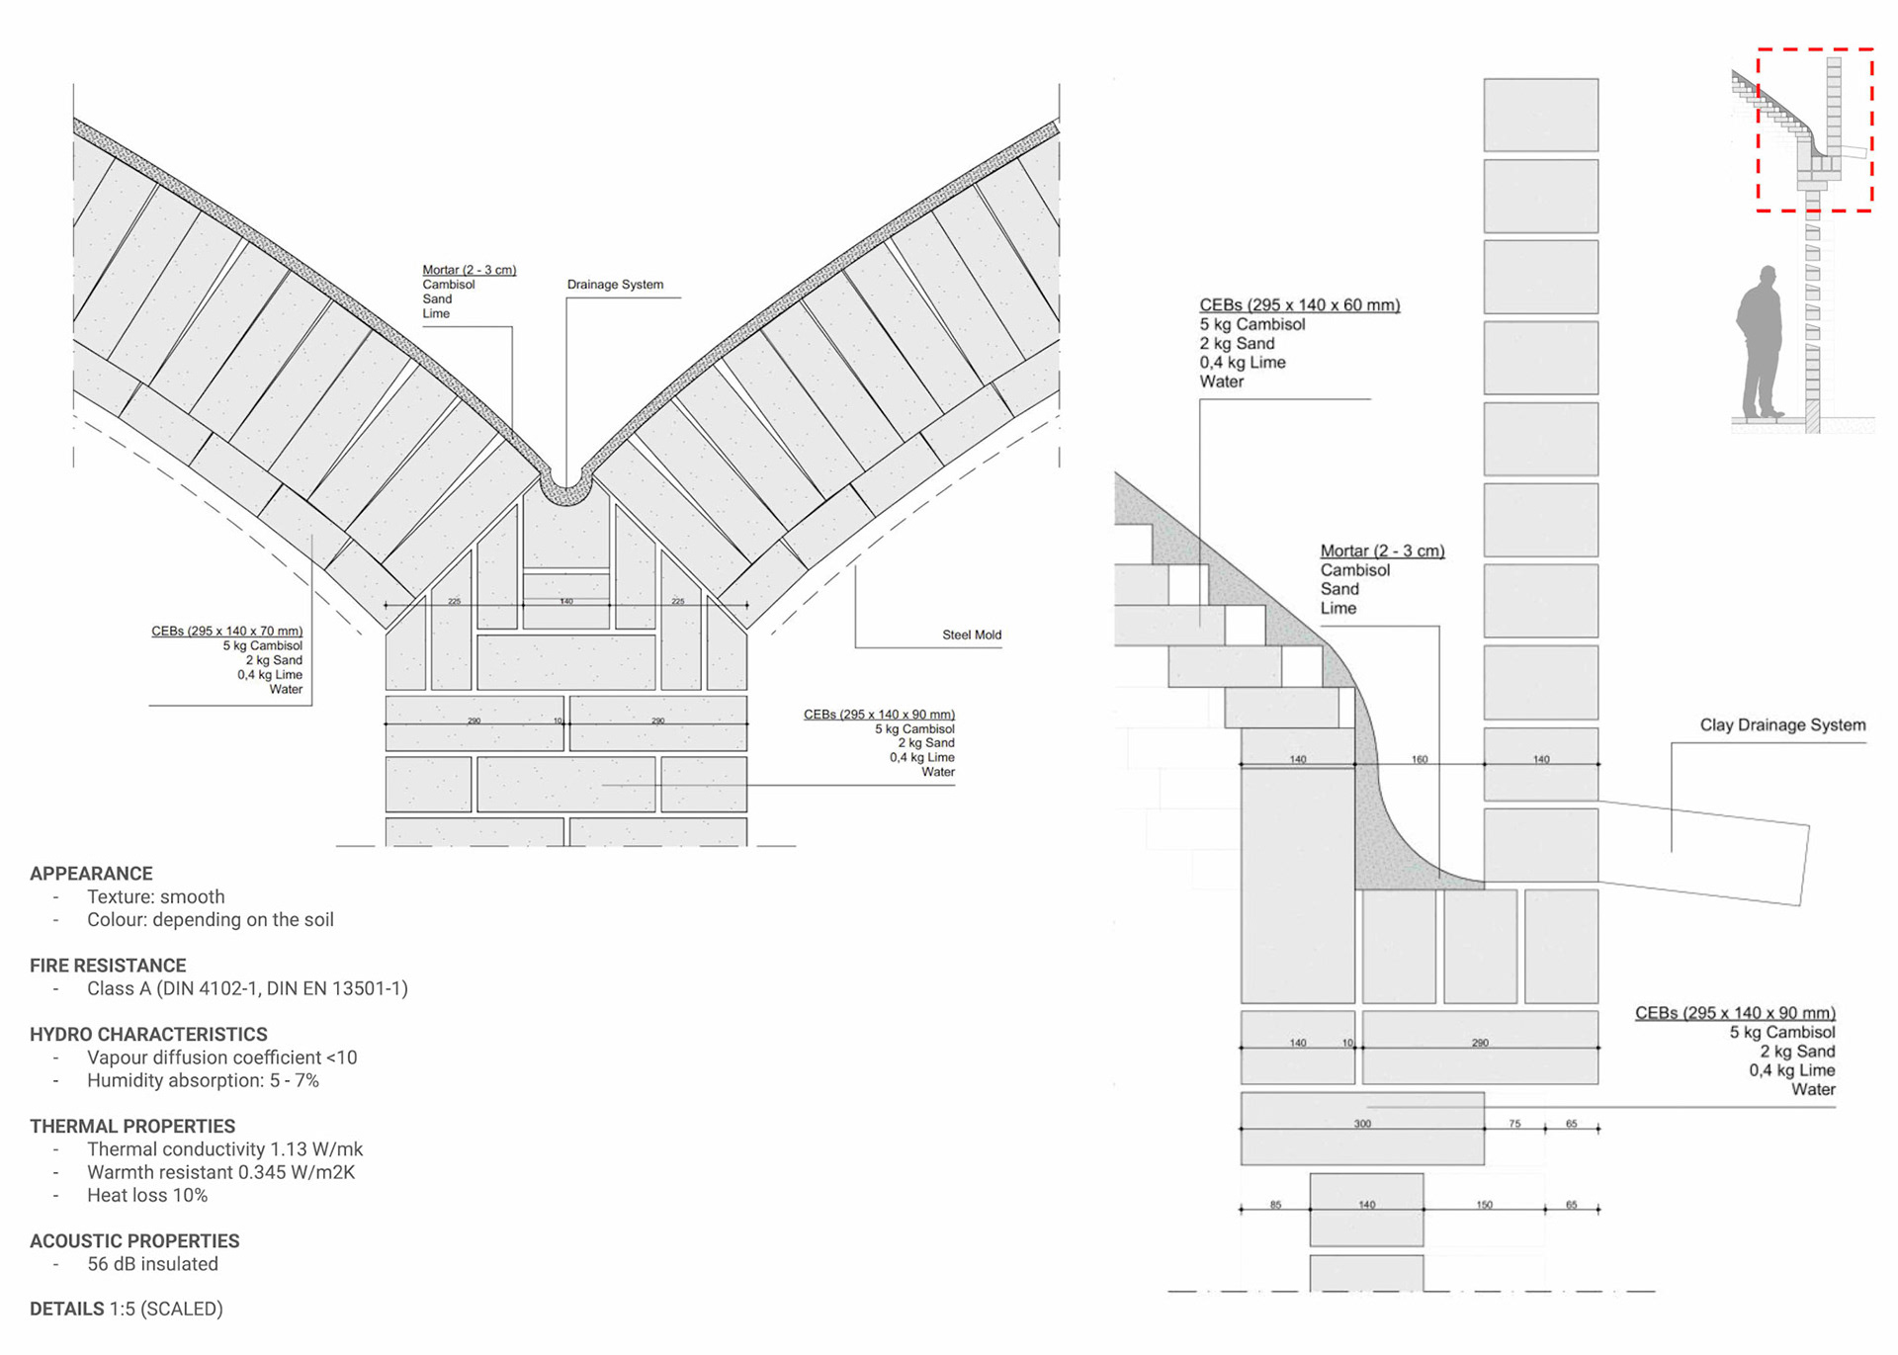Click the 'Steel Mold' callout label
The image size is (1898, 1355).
click(x=971, y=635)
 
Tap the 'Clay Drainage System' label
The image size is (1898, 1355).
click(x=1782, y=724)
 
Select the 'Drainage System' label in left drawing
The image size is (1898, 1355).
click(x=615, y=285)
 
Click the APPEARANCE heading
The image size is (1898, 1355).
click(x=91, y=874)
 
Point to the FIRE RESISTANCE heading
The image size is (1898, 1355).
click(x=108, y=966)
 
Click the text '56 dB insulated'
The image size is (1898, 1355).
click(x=152, y=1264)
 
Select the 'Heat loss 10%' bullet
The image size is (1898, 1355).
click(x=147, y=1195)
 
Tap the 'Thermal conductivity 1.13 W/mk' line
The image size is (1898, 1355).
click(x=224, y=1149)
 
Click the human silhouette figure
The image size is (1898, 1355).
click(x=1760, y=341)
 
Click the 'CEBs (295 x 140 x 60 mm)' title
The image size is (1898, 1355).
click(x=1299, y=305)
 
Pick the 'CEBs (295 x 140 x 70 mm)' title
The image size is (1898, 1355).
click(x=226, y=631)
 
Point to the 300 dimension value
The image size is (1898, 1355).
click(x=1362, y=1124)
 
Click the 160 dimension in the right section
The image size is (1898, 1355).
click(x=1420, y=759)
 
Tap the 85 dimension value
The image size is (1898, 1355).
click(x=1275, y=1205)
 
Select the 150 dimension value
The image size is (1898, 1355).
click(x=1484, y=1205)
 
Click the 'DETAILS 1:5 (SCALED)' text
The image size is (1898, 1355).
click(x=126, y=1309)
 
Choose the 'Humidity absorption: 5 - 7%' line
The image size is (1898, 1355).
click(x=203, y=1080)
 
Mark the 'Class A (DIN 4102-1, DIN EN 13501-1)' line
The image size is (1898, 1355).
click(x=247, y=988)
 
